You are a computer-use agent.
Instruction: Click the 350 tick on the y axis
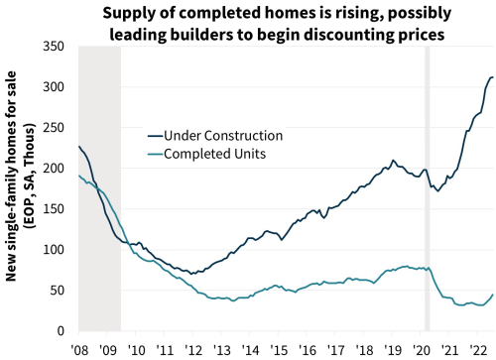(x=58, y=47)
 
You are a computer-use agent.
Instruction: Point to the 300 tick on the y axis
(x=58, y=87)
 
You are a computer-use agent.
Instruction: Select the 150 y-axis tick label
(x=58, y=209)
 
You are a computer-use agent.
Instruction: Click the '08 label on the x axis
(x=78, y=349)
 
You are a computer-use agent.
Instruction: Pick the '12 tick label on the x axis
(x=193, y=349)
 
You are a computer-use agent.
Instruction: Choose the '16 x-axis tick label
(x=310, y=349)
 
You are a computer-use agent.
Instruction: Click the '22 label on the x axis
(x=481, y=349)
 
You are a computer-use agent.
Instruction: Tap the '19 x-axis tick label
(x=396, y=349)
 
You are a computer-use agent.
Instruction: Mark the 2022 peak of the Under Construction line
(x=491, y=77)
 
